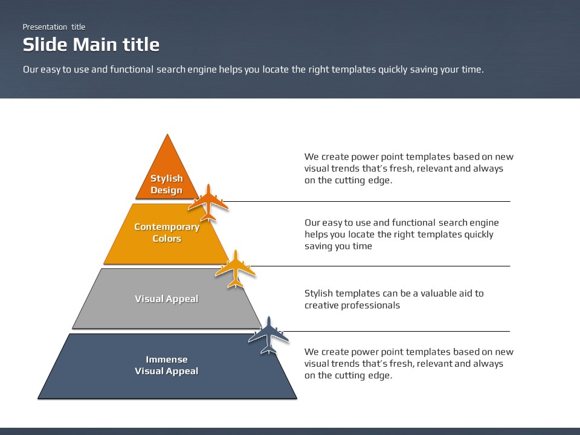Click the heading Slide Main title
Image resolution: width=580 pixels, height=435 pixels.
coord(91,45)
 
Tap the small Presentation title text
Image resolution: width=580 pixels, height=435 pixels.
coord(54,27)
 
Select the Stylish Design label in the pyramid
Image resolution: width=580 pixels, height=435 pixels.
coord(166,184)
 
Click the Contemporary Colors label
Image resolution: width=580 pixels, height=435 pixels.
coord(167,233)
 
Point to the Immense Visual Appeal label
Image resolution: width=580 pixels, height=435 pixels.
coord(166,365)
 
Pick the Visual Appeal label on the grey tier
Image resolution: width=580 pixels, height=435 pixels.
coord(166,298)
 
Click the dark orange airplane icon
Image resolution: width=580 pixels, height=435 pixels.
coord(208,202)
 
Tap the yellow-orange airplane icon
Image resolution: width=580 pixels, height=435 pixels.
coord(235,268)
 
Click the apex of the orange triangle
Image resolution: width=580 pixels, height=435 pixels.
coord(167,136)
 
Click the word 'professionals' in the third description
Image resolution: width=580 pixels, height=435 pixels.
coord(370,305)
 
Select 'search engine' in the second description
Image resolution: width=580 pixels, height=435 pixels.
coord(469,222)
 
